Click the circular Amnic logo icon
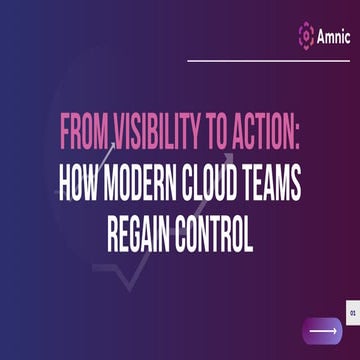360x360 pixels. (x=307, y=36)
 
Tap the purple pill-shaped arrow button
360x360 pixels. (x=324, y=329)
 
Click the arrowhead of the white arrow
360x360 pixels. (x=337, y=329)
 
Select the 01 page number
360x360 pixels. (x=354, y=311)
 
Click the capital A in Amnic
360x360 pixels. (x=321, y=36)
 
